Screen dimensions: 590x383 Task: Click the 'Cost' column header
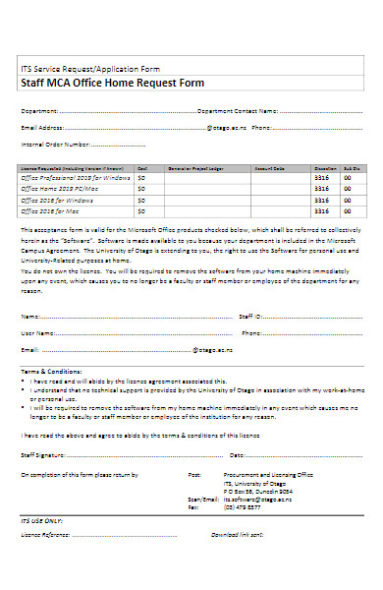coord(142,168)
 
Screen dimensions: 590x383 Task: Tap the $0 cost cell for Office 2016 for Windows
coord(142,200)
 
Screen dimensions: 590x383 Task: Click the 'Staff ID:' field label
coord(250,317)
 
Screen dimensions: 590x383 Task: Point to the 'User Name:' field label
coord(36,333)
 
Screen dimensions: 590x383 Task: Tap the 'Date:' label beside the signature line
coord(237,455)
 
